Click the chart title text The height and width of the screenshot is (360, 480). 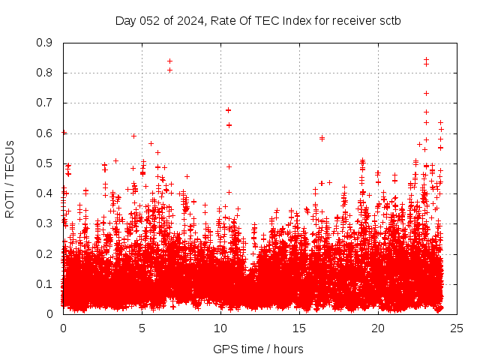[x=257, y=20]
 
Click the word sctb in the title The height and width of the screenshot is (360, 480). [x=388, y=20]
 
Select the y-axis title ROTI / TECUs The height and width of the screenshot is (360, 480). [x=10, y=178]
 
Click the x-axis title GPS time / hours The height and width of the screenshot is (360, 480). [x=257, y=349]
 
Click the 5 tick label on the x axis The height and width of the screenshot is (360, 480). [x=142, y=328]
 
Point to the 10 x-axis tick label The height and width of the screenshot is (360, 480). [x=220, y=328]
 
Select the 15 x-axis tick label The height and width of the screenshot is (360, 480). [x=299, y=328]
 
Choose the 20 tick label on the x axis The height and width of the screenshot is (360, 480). [x=378, y=328]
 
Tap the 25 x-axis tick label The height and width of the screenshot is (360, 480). [x=457, y=328]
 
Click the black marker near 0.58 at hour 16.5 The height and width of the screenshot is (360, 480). [x=322, y=138]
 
